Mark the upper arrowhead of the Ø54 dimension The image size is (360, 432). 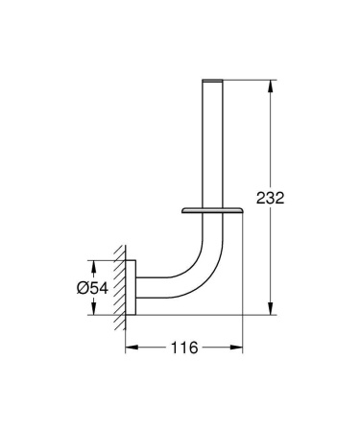pyautogui.click(x=93, y=263)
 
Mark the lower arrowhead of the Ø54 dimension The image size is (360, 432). pyautogui.click(x=93, y=309)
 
